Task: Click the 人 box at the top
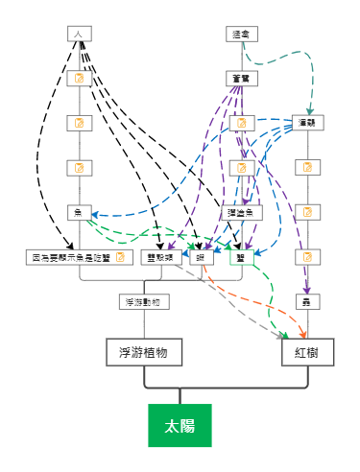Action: click(x=79, y=34)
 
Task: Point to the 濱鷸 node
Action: click(x=307, y=122)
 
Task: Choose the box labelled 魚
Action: click(x=79, y=212)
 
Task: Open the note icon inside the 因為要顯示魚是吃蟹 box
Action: click(x=120, y=257)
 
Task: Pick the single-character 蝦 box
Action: click(x=201, y=257)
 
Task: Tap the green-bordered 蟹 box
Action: click(x=241, y=257)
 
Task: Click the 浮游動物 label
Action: click(x=145, y=301)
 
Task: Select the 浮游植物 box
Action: click(x=144, y=352)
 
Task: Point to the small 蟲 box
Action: click(x=307, y=301)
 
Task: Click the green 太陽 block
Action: click(x=179, y=426)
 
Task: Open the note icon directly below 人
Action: click(x=80, y=78)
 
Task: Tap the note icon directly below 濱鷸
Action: click(x=307, y=167)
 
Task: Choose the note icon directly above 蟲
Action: click(x=307, y=257)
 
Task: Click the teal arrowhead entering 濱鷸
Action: click(x=310, y=111)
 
